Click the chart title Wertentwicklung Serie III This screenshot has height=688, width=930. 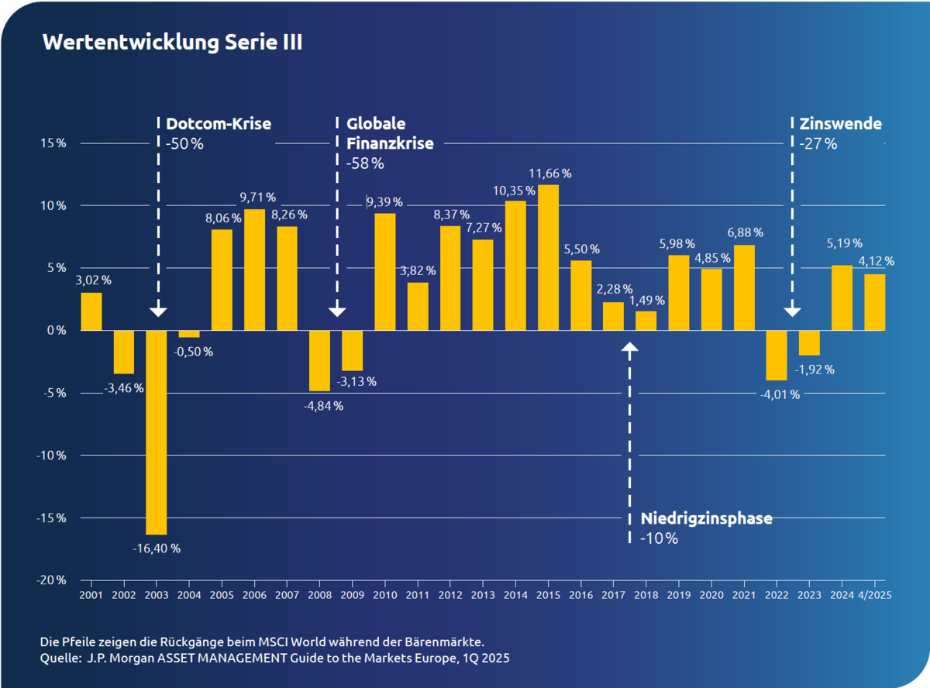[172, 43]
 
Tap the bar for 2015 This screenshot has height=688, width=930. [548, 257]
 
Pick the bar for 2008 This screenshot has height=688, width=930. [319, 360]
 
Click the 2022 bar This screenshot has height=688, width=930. [777, 355]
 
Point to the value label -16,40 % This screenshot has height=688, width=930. [157, 549]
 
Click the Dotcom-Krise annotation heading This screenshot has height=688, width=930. [219, 123]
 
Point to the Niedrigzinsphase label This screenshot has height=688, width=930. [706, 518]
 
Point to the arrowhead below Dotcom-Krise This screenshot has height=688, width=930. [157, 311]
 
